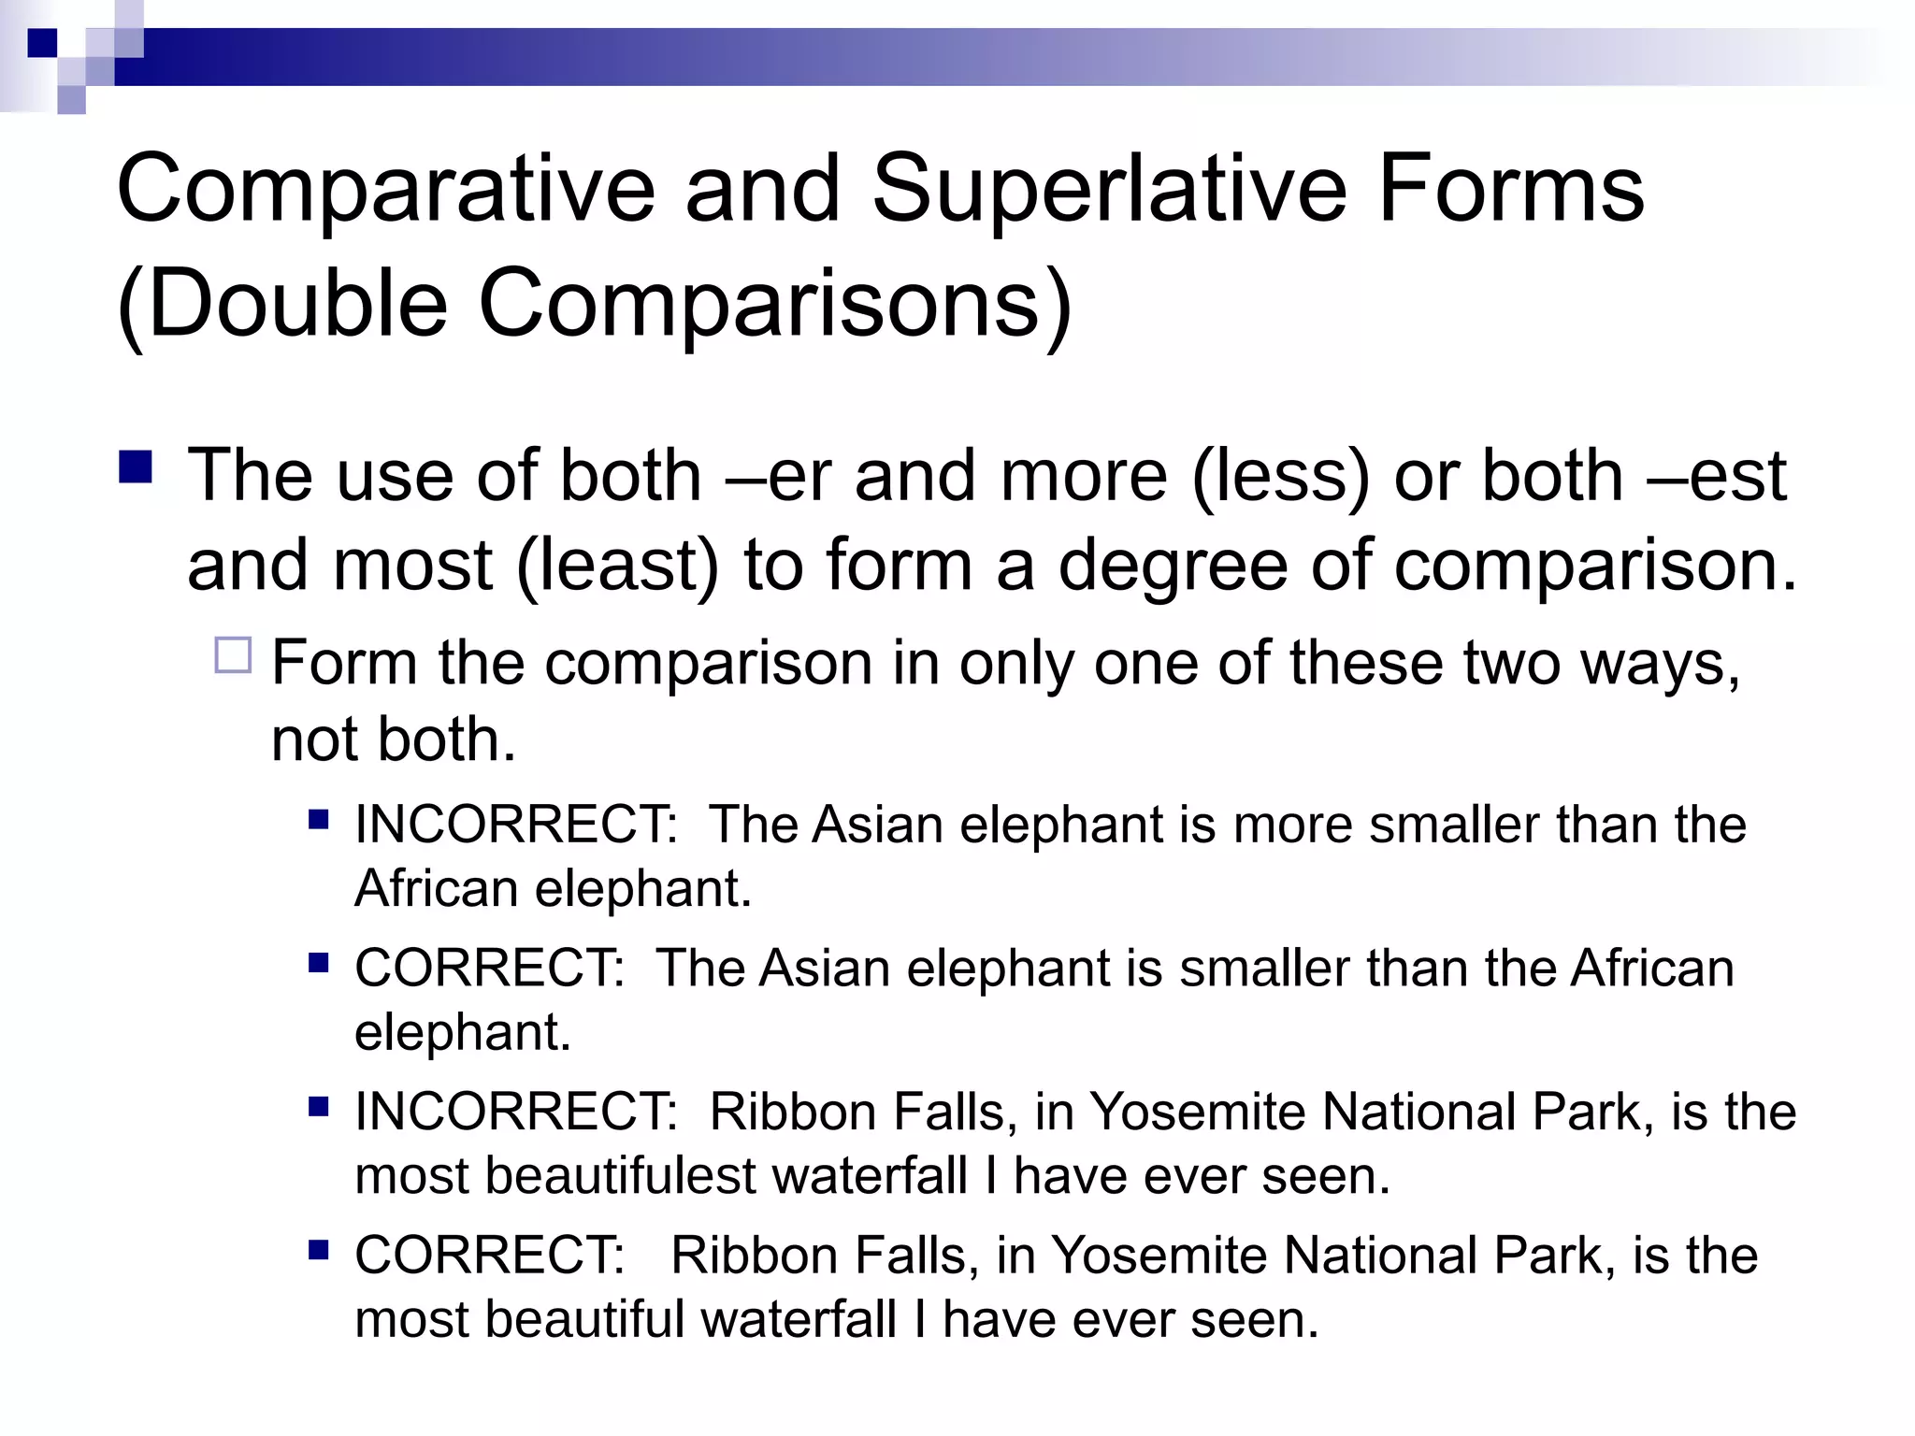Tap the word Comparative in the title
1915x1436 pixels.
[x=385, y=190]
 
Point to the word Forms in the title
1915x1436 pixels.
[x=1510, y=190]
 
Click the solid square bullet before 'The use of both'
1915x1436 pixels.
[x=137, y=467]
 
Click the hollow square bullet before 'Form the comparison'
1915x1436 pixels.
[x=233, y=655]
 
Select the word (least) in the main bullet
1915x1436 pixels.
[x=618, y=567]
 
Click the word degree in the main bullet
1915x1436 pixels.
[x=1173, y=567]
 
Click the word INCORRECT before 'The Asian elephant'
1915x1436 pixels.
[x=515, y=826]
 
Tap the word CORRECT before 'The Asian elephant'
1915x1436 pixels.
[x=488, y=969]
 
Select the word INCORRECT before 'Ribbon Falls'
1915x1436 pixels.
[x=515, y=1113]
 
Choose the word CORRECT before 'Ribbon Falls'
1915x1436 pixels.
[x=488, y=1256]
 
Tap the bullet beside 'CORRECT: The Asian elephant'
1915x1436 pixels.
[x=319, y=963]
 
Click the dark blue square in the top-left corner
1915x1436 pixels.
[x=42, y=43]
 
